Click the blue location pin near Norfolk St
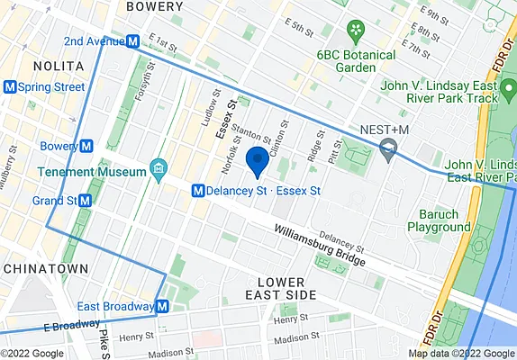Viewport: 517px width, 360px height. pyautogui.click(x=258, y=160)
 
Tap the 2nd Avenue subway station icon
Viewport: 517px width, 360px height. pyautogui.click(x=132, y=40)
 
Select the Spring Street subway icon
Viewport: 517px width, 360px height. pyautogui.click(x=10, y=87)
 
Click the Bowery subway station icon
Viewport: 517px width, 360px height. pyautogui.click(x=86, y=146)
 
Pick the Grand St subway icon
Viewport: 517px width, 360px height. pyautogui.click(x=85, y=201)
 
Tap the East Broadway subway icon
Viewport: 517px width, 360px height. pyautogui.click(x=161, y=307)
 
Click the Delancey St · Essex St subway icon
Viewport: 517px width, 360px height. pyautogui.click(x=196, y=191)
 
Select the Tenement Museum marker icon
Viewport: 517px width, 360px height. pyautogui.click(x=159, y=167)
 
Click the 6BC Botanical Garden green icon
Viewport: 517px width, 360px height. pyautogui.click(x=358, y=31)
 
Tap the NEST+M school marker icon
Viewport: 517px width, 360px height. pyautogui.click(x=389, y=148)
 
